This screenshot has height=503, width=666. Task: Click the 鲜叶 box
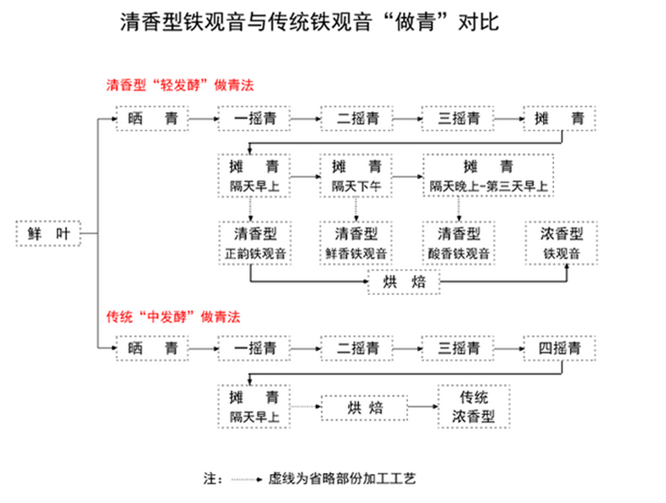(x=48, y=233)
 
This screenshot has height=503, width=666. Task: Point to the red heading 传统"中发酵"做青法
(x=173, y=317)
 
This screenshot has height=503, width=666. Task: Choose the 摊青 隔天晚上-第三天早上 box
(x=489, y=175)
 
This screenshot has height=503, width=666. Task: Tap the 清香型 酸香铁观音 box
(x=459, y=243)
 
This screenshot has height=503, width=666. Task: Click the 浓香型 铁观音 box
(x=561, y=243)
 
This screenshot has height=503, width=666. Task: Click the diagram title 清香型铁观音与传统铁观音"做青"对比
(x=308, y=23)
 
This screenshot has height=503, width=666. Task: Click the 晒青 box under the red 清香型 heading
(x=152, y=119)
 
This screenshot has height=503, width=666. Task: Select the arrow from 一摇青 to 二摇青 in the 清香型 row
(x=305, y=120)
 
